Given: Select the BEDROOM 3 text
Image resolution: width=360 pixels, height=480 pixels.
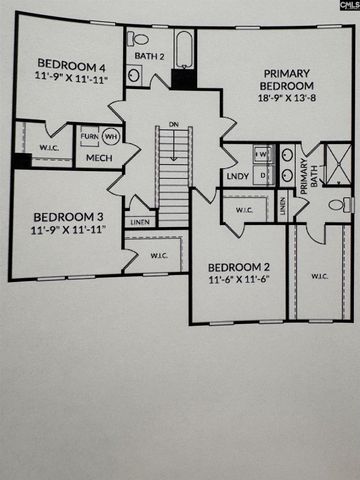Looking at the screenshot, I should tap(65, 216).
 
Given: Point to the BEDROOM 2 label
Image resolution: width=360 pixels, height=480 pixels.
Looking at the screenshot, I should tap(239, 267).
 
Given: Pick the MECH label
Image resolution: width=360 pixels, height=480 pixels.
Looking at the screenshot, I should tap(98, 158).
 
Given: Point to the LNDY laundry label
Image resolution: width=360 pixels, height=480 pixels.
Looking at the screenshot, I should tap(238, 176).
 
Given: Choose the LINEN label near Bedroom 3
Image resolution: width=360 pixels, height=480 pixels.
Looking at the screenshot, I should tap(139, 221).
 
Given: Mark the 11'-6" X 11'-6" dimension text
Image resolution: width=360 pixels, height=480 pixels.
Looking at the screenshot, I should tap(239, 281).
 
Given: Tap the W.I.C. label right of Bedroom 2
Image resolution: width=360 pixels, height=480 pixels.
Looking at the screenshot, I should tap(320, 276).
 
